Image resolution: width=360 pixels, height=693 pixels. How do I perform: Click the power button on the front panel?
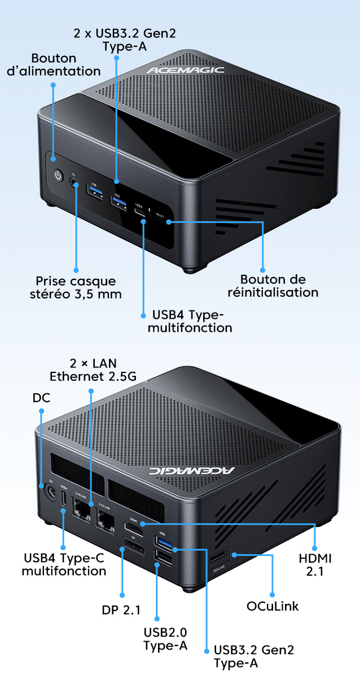(x=58, y=176)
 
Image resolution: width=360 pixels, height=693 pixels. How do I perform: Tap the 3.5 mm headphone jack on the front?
(x=73, y=182)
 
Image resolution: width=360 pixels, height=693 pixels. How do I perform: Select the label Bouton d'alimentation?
(x=66, y=64)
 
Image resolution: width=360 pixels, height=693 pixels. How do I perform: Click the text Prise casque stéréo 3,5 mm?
(x=76, y=287)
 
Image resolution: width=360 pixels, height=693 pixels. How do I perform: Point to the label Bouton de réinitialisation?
(x=273, y=286)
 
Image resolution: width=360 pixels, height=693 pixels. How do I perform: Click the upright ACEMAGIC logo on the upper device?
(x=185, y=70)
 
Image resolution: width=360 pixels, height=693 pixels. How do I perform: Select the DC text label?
(x=41, y=397)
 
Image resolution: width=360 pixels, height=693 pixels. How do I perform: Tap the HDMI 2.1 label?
(x=315, y=564)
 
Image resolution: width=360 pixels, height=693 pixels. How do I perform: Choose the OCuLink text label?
(x=273, y=606)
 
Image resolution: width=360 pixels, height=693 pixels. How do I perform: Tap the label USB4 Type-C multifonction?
(x=64, y=564)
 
